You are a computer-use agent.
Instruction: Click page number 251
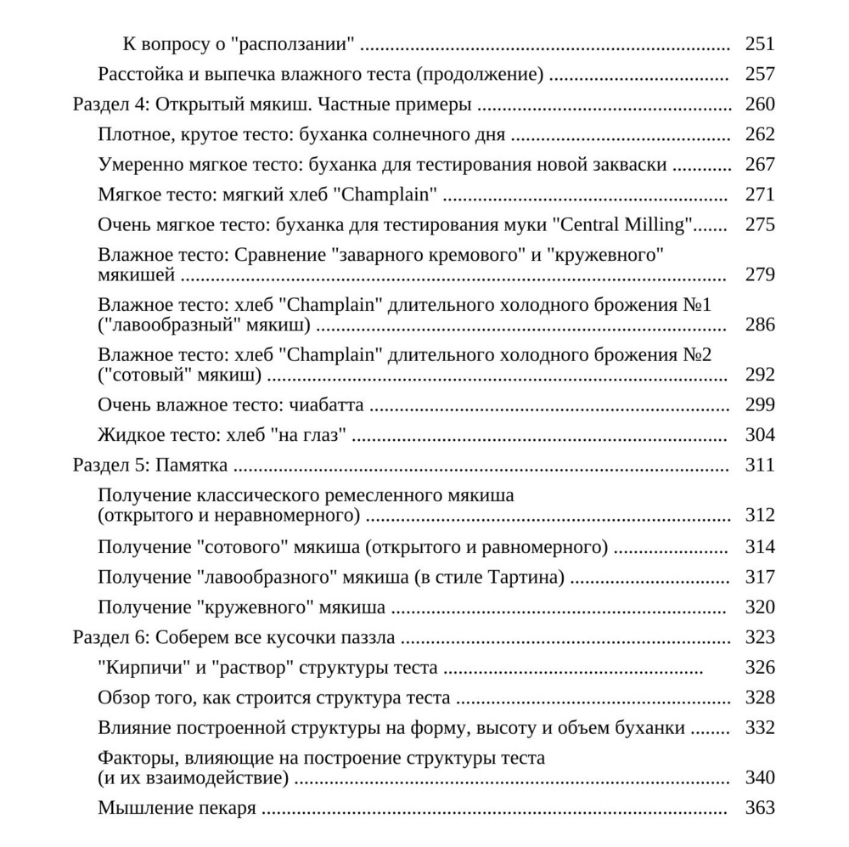pyautogui.click(x=759, y=45)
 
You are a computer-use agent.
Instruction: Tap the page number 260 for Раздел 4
pyautogui.click(x=759, y=105)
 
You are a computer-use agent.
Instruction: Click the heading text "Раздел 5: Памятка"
pyautogui.click(x=151, y=466)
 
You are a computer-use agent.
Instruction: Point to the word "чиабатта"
pyautogui.click(x=326, y=405)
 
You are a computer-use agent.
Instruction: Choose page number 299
pyautogui.click(x=759, y=405)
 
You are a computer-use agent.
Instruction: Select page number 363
pyautogui.click(x=759, y=808)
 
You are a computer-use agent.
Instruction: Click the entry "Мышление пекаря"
pyautogui.click(x=177, y=808)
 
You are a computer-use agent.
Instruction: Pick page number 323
pyautogui.click(x=759, y=638)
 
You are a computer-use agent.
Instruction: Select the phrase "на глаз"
pyautogui.click(x=310, y=436)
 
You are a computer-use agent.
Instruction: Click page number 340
pyautogui.click(x=759, y=778)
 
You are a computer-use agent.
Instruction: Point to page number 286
pyautogui.click(x=759, y=325)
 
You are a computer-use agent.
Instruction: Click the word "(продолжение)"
pyautogui.click(x=480, y=75)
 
